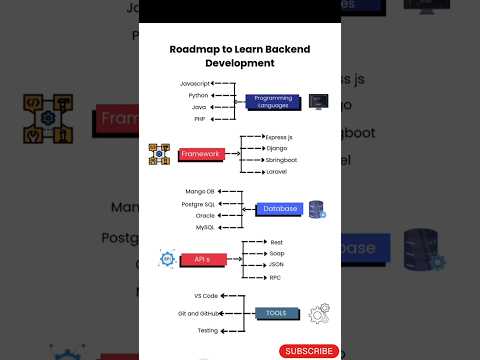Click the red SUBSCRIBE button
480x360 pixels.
click(309, 351)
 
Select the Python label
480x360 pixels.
click(197, 94)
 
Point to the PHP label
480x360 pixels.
click(199, 119)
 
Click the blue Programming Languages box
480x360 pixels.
click(274, 101)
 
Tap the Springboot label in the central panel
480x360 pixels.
click(282, 159)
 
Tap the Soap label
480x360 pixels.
click(276, 253)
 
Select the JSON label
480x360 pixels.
click(275, 265)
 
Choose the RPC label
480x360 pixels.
click(274, 277)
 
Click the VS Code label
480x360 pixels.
click(204, 296)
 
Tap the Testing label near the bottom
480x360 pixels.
click(207, 330)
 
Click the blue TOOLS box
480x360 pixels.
click(276, 313)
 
